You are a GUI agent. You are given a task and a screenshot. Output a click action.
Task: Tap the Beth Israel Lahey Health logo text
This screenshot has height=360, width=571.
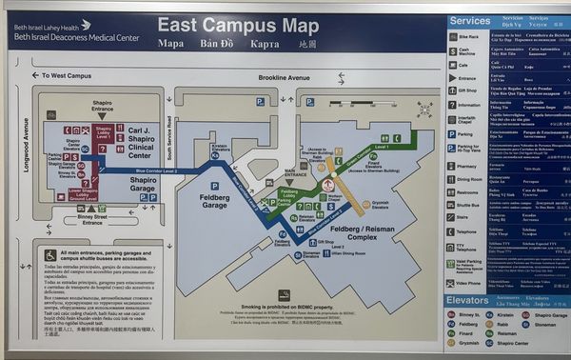pyautogui.click(x=52, y=25)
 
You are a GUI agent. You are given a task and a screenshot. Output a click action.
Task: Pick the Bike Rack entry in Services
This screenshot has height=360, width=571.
pyautogui.click(x=469, y=37)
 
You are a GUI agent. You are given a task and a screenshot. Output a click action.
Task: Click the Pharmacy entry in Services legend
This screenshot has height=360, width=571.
pyautogui.click(x=469, y=165)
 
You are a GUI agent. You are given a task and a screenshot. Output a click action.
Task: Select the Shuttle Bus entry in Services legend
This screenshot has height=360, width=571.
pyautogui.click(x=469, y=205)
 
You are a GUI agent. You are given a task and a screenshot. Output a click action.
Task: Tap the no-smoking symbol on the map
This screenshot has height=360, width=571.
pyautogui.click(x=284, y=295)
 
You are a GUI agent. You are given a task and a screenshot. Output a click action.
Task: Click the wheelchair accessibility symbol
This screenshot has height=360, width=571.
pyautogui.click(x=50, y=255)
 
